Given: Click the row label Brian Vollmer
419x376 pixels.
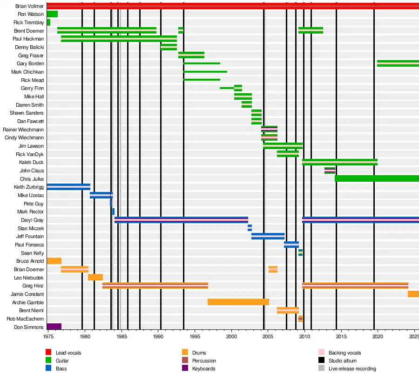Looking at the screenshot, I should click(x=29, y=6).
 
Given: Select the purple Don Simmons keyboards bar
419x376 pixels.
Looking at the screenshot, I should click(x=54, y=327).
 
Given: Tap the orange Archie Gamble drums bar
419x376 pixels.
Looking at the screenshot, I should click(x=238, y=302).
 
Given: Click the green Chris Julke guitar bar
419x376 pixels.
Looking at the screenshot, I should click(x=376, y=178).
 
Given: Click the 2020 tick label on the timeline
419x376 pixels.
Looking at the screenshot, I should click(x=378, y=335).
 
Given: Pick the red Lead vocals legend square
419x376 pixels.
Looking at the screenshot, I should click(x=48, y=353).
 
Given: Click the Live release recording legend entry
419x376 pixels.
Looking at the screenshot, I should click(x=352, y=369).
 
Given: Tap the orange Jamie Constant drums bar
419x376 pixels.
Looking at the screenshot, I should click(x=413, y=294).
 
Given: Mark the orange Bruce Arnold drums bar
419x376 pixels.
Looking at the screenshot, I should click(x=54, y=261).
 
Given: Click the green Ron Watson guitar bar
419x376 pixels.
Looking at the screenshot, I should click(x=52, y=14).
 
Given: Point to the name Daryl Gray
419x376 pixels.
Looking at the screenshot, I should click(x=33, y=220).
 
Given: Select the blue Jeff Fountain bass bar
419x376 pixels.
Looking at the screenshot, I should click(x=268, y=236).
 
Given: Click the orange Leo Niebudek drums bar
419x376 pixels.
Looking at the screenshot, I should click(x=95, y=277).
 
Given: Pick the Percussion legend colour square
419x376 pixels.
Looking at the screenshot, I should click(x=185, y=361).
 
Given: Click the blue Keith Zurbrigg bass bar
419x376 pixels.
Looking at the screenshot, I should click(x=68, y=187).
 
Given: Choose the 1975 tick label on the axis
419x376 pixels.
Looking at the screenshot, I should click(x=48, y=335).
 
